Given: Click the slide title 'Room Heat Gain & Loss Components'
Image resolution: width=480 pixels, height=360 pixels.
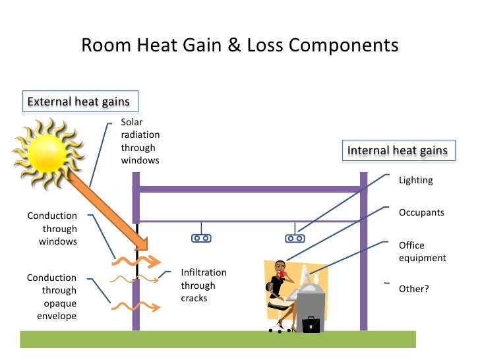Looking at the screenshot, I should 239,45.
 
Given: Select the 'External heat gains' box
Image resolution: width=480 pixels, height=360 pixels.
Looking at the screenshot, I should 78,102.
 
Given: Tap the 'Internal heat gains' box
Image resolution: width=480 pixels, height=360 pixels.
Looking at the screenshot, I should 397,150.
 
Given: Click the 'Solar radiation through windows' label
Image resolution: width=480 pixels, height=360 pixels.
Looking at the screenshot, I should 140,141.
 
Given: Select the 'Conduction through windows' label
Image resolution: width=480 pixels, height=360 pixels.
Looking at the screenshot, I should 52,229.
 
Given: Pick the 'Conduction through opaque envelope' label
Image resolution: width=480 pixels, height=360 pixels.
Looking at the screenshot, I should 51,297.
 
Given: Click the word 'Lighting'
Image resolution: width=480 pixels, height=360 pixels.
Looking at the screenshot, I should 416,180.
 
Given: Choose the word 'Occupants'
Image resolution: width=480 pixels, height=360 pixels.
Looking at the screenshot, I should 421,212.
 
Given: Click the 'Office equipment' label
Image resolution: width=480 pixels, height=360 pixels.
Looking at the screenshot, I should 422,251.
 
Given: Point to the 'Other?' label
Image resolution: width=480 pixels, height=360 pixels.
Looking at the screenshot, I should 414,288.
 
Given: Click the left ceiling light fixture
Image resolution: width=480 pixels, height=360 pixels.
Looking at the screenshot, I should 200,238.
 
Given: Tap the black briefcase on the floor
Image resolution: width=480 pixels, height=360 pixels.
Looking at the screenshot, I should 311,324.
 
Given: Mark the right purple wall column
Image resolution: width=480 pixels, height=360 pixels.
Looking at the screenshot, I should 363,251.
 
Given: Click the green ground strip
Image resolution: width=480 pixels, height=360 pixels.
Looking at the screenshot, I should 218,338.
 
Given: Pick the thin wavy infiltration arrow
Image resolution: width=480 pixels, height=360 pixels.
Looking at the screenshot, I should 138,280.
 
